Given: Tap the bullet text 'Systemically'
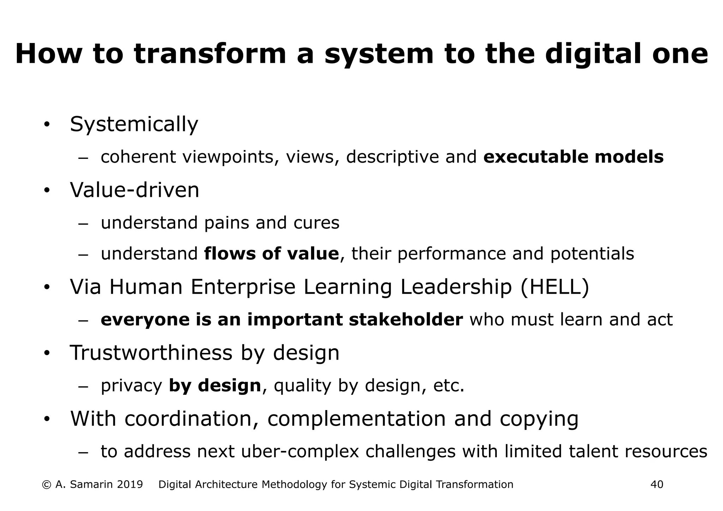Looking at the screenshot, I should click(x=134, y=125).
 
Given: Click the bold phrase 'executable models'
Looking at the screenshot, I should click(x=573, y=157).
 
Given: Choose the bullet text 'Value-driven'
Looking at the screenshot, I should click(x=135, y=190).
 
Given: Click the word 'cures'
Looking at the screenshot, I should click(x=316, y=223).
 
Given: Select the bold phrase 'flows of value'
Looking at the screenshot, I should click(x=271, y=254).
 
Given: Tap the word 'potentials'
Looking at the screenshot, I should click(x=592, y=254).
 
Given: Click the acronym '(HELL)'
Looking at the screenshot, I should click(x=555, y=287).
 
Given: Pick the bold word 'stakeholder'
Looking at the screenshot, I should click(x=406, y=320).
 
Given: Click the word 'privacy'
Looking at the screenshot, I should click(x=131, y=386).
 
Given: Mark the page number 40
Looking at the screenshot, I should click(x=657, y=485).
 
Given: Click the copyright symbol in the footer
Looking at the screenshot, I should click(x=46, y=485).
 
